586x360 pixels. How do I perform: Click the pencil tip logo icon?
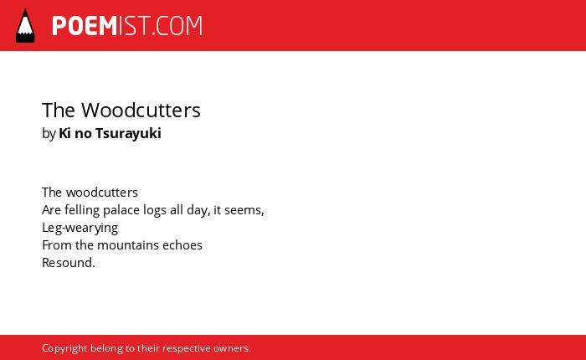tap(25, 25)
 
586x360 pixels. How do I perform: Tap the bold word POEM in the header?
tap(85, 26)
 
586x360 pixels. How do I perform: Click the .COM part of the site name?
tap(177, 26)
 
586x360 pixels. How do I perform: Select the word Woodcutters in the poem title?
tap(141, 111)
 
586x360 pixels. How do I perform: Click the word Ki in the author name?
tap(64, 133)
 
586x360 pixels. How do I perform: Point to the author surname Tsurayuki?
tap(128, 134)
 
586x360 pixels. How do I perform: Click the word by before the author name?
tap(49, 134)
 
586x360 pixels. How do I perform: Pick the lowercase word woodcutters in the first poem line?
tap(102, 193)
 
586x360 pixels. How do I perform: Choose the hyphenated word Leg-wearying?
tap(80, 228)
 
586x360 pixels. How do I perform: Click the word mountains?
tap(128, 245)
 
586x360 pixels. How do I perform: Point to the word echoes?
tap(182, 245)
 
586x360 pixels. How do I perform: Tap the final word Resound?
tap(69, 263)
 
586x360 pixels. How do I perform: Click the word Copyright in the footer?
tap(64, 349)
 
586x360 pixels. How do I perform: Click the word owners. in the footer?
tap(232, 348)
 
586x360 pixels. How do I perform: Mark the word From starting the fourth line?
tap(57, 245)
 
